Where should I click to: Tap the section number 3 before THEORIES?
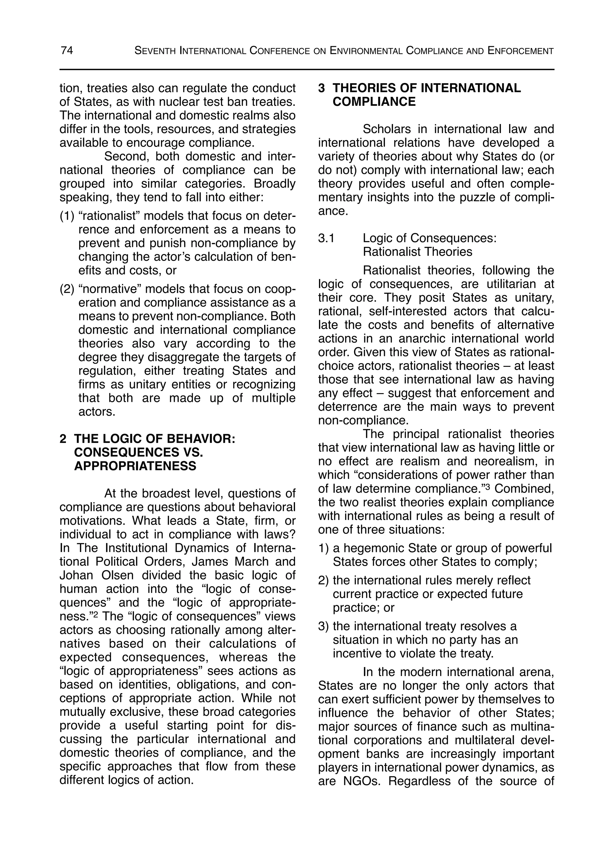tap(321, 88)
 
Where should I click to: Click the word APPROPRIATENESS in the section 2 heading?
tap(135, 466)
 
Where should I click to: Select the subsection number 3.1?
tap(326, 238)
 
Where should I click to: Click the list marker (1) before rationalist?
tap(67, 216)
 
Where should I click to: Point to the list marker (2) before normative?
tap(67, 289)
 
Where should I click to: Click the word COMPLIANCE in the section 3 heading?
tap(374, 102)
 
